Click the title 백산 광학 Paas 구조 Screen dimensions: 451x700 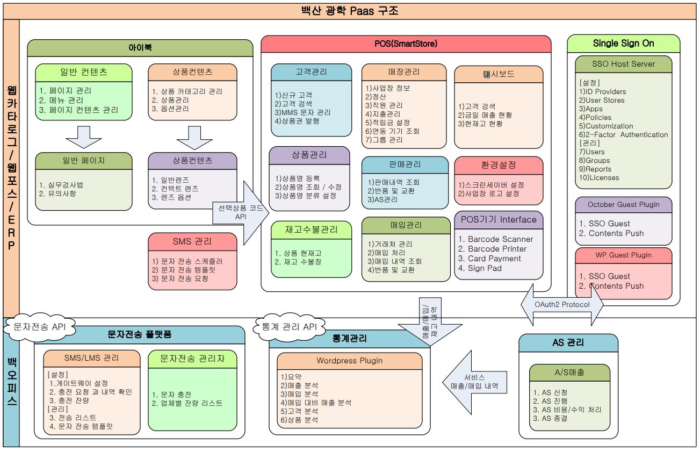[x=350, y=10]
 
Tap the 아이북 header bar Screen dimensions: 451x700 [x=140, y=47]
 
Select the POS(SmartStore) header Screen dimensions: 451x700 [x=406, y=44]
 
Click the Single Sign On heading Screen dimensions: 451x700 [x=623, y=43]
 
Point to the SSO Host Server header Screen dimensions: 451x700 [x=623, y=64]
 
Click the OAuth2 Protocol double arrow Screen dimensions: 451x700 [x=562, y=305]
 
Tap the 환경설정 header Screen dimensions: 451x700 [x=499, y=164]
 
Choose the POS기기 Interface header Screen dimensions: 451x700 [x=499, y=219]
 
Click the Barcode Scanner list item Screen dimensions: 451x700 [x=495, y=239]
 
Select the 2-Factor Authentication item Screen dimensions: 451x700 [x=623, y=134]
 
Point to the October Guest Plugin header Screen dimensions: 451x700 [x=623, y=205]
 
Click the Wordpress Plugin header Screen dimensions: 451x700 [x=349, y=360]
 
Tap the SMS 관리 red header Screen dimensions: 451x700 [x=192, y=241]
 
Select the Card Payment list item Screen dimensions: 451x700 [x=489, y=259]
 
